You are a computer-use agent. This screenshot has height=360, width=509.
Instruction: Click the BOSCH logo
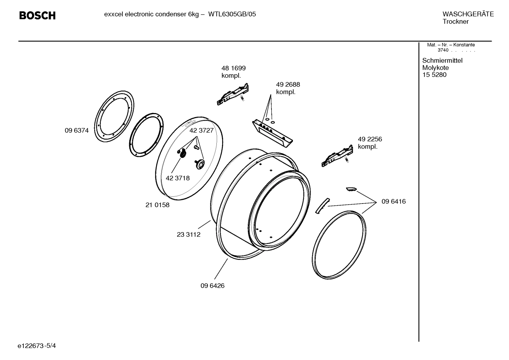pos(37,16)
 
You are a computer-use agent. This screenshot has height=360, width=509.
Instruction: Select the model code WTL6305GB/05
pos(232,14)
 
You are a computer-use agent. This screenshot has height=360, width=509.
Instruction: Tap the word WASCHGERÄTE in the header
pos(468,14)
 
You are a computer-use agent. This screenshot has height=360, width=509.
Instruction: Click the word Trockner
pos(455,22)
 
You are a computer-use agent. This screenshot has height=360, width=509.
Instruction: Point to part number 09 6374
pos(77,131)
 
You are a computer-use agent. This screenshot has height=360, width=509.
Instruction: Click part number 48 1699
pos(233,68)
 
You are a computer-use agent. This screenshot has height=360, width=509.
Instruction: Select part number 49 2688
pos(288,85)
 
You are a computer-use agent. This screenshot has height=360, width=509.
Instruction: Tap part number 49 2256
pos(370,139)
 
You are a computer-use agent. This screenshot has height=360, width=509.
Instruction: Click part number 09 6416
pos(393,202)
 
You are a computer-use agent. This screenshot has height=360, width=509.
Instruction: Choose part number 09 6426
pos(212,286)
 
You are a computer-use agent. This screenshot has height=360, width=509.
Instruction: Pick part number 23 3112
pos(188,235)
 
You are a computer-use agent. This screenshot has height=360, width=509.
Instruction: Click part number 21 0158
pos(157,205)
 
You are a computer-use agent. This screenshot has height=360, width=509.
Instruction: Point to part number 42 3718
pos(178,178)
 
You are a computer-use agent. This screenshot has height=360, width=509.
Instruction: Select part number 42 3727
pos(202,130)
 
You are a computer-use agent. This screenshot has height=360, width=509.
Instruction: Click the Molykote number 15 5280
pos(434,75)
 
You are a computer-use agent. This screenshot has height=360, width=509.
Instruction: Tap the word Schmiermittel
pos(442,60)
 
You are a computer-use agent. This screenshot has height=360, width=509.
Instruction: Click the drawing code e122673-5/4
pos(37,346)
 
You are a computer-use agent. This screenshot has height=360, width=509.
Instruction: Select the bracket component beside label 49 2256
pos(337,156)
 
